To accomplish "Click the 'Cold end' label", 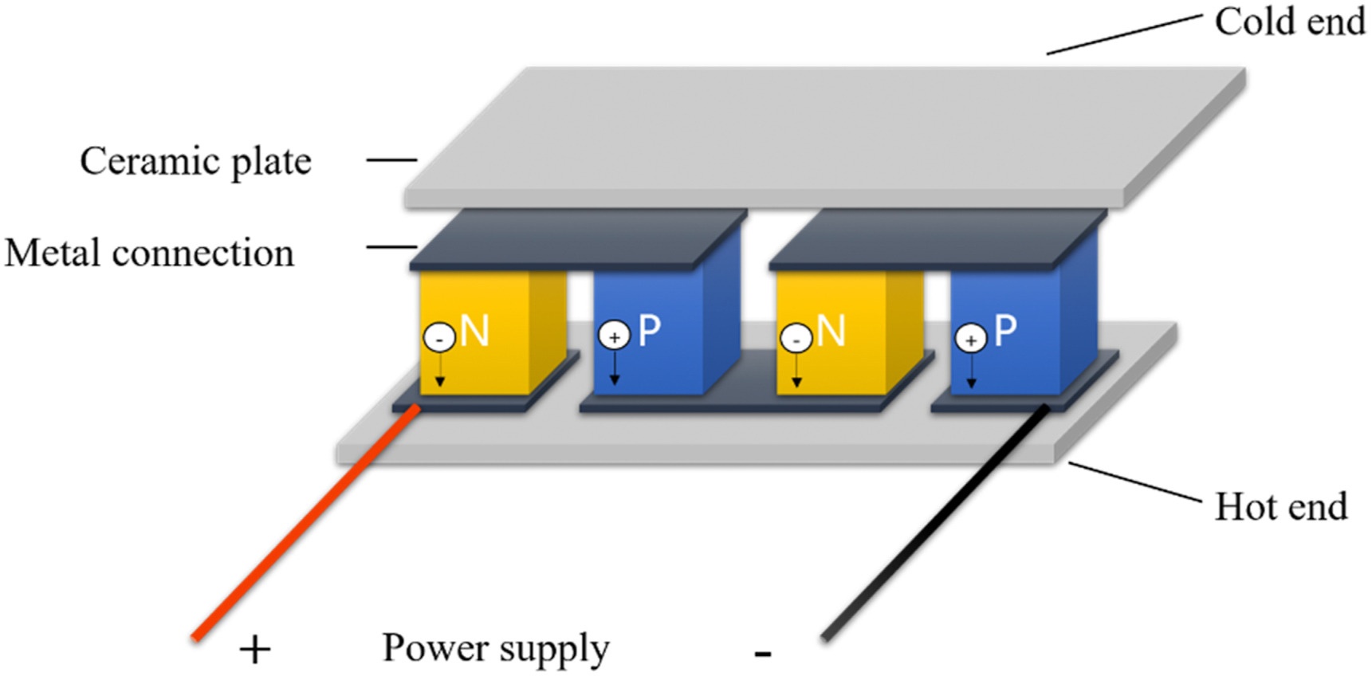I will (1289, 22).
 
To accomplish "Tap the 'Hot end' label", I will (1280, 506).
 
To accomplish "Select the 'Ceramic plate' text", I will (195, 161).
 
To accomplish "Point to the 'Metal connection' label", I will (149, 253).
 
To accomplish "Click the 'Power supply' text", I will (495, 648).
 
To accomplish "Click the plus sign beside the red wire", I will (255, 650).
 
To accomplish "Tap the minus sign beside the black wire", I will (763, 654).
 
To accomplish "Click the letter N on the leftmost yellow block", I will (475, 330).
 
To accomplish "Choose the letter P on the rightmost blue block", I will (1005, 328).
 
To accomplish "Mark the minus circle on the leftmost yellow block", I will (439, 337).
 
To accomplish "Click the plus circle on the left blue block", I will (614, 336).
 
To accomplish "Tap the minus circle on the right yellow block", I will (796, 338).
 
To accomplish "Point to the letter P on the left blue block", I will (650, 329).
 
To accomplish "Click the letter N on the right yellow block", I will (831, 330).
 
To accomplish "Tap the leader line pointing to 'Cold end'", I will (1124, 34).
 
